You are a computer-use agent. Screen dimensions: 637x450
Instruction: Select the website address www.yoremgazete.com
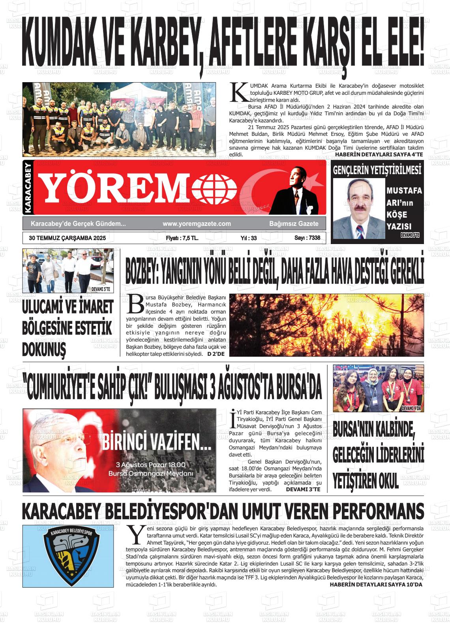[x=197, y=224]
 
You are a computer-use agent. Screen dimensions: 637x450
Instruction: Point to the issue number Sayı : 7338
[x=307, y=238]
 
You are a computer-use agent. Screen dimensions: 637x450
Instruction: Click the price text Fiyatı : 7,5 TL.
[x=182, y=238]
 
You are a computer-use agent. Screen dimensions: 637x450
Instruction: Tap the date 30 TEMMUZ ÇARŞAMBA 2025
[x=67, y=238]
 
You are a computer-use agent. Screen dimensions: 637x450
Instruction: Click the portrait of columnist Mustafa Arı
[x=359, y=208]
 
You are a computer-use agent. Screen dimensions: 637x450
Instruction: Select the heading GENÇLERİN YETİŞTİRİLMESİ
[x=377, y=170]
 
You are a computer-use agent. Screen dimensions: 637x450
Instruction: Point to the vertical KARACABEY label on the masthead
[x=28, y=188]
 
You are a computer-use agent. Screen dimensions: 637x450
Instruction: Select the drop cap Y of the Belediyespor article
[x=135, y=534]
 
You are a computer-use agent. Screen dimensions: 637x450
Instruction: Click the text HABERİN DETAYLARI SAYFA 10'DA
[x=376, y=584]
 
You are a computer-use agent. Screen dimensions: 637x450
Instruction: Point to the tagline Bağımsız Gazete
[x=294, y=224]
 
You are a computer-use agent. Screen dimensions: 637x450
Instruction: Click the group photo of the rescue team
[x=119, y=119]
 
